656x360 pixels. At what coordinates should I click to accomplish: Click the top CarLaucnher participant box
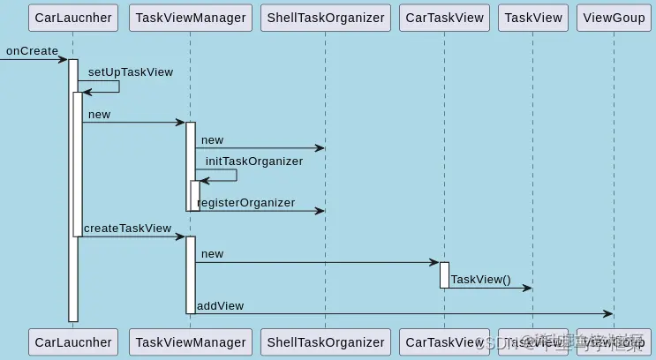point(73,18)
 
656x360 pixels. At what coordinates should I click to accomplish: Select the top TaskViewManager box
point(191,18)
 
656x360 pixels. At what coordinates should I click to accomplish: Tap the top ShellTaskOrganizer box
point(326,18)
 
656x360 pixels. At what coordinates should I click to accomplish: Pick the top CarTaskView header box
point(444,18)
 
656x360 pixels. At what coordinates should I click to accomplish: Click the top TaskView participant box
point(533,18)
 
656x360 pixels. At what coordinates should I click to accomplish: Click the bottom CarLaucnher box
point(73,342)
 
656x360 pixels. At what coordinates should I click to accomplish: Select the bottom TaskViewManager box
point(191,342)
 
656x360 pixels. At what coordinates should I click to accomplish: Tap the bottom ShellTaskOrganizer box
point(326,342)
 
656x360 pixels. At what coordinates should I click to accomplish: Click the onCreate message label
point(32,51)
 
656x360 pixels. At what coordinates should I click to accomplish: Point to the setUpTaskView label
point(130,71)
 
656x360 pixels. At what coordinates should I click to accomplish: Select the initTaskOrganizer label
point(254,161)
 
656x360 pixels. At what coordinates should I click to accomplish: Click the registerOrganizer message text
point(246,203)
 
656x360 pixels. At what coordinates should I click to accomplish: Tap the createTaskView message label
point(127,229)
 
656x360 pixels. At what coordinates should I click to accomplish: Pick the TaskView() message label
point(480,280)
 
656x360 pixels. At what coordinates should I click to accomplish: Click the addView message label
point(220,306)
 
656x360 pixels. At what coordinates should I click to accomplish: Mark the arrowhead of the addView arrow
point(608,313)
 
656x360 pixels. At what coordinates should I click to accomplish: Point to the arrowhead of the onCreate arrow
point(64,59)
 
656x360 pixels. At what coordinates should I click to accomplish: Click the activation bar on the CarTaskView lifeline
point(444,274)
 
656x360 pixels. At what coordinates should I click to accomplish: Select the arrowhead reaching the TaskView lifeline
point(528,288)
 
